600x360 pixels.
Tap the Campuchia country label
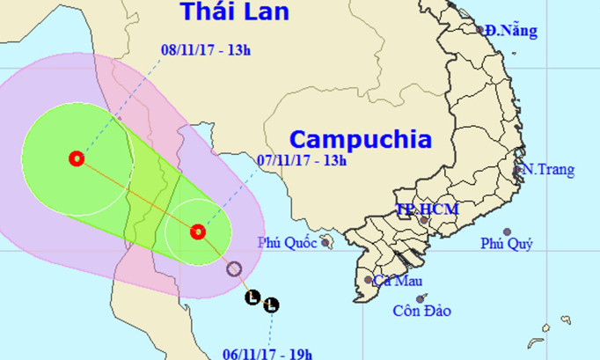click(361, 139)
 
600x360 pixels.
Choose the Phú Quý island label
click(506, 244)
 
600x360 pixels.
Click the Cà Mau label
click(394, 282)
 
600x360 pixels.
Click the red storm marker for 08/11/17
click(77, 159)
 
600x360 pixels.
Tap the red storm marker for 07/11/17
click(198, 231)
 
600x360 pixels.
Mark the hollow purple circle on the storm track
click(234, 269)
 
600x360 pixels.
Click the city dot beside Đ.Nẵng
click(480, 29)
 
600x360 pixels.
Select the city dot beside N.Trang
click(518, 169)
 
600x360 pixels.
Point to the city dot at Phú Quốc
click(326, 240)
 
